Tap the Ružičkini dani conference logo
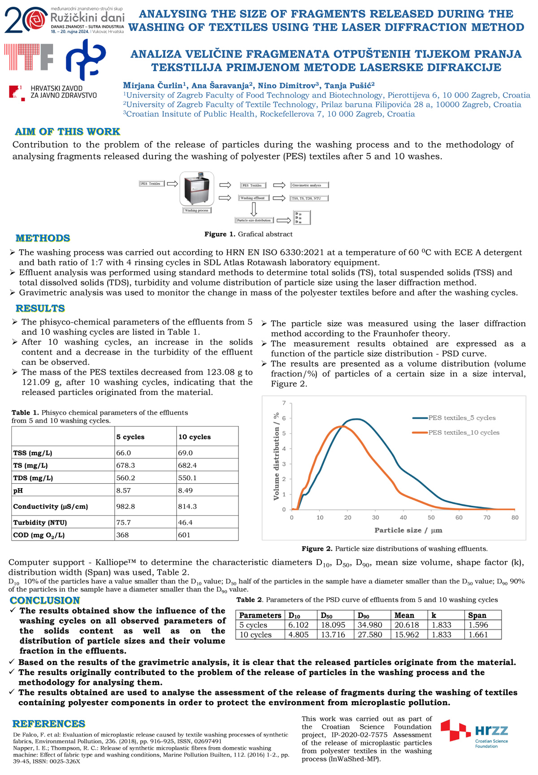65,21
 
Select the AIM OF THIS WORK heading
67,131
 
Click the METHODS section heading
43,238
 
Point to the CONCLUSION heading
45,600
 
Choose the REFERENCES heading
48,723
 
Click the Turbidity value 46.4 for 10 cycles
185,522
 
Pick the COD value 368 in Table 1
122,535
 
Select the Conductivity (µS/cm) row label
50,507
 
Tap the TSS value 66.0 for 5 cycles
124,453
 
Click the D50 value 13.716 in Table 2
333,634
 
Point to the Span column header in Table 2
477,615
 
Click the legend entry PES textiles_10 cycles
464,433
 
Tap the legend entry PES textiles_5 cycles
462,418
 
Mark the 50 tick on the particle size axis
431,517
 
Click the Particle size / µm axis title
408,530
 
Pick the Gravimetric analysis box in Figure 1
309,185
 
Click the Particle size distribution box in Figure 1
254,220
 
